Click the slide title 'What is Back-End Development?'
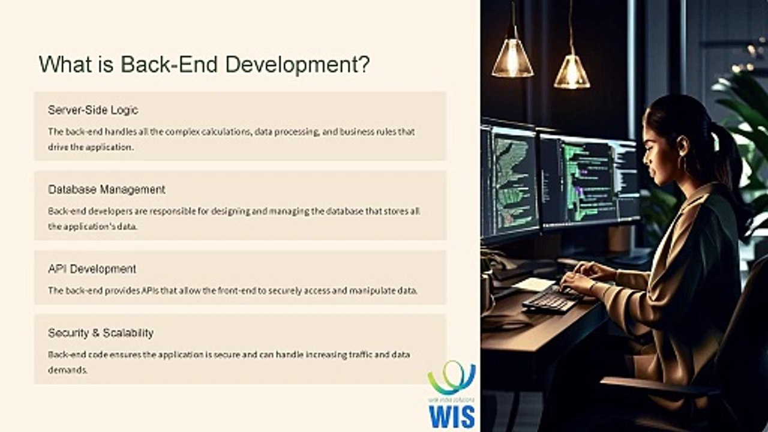[x=204, y=64]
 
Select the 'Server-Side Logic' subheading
[x=93, y=110]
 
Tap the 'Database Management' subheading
[x=106, y=189]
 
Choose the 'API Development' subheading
[x=92, y=269]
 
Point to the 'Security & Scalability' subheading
[x=100, y=332]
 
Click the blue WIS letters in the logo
[x=452, y=416]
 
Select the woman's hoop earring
[x=683, y=163]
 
